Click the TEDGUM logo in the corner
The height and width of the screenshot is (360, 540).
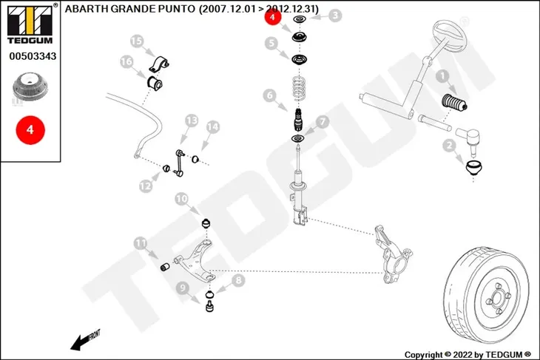click(30, 24)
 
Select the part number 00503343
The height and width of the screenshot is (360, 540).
click(33, 56)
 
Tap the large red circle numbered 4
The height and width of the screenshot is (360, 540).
click(30, 130)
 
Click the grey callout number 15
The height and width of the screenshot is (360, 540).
click(136, 41)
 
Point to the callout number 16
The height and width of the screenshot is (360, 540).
click(126, 61)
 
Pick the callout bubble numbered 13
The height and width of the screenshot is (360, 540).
click(192, 120)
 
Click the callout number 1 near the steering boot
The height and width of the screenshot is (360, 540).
click(442, 76)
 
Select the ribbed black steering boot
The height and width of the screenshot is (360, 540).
click(454, 103)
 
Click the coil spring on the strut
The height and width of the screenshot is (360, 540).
click(299, 89)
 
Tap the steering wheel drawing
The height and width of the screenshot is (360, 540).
click(449, 35)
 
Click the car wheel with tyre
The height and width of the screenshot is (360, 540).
click(487, 295)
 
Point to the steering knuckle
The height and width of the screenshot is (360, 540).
click(394, 254)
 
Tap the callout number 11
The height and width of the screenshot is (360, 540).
click(140, 243)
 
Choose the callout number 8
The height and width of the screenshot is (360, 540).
click(238, 280)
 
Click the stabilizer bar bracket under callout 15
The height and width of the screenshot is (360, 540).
click(159, 64)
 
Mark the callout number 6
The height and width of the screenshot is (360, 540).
click(270, 95)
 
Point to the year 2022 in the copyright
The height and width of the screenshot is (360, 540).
click(462, 355)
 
